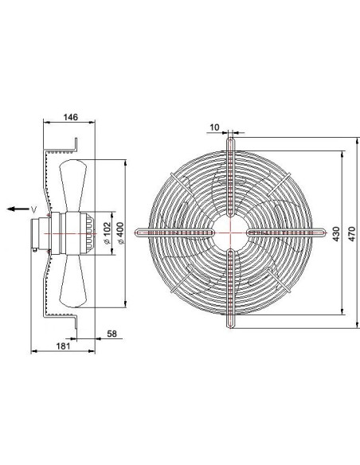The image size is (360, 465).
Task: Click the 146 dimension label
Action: (71, 117)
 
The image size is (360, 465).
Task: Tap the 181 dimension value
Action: (63, 346)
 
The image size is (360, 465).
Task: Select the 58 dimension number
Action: (112, 334)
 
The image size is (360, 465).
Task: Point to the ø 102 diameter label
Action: (107, 233)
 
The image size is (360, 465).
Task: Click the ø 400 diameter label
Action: (121, 233)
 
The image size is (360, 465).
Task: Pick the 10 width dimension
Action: (214, 127)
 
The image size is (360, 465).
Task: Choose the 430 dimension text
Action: (336, 234)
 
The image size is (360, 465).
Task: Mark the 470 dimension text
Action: (351, 234)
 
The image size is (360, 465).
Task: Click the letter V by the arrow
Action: (34, 209)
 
